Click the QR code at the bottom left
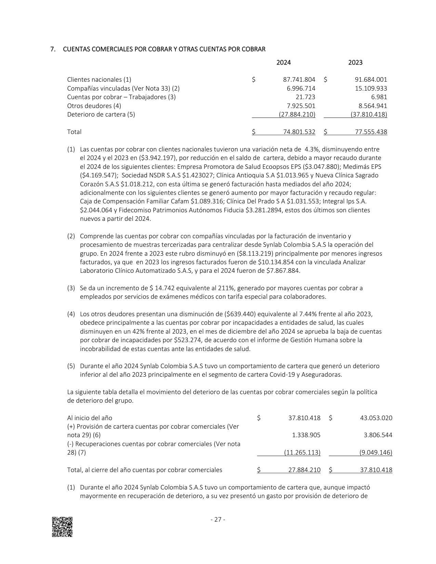tap(62, 527)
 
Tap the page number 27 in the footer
tap(218, 520)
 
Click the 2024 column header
tap(283, 63)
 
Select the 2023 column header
tap(355, 63)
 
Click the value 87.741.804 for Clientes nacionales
tap(299, 80)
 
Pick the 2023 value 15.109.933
tap(371, 89)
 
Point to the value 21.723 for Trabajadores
tap(306, 97)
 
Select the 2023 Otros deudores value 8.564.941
tap(371, 106)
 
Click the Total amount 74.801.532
tap(299, 132)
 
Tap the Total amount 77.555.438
tap(371, 132)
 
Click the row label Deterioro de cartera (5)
tap(101, 115)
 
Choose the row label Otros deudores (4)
tap(94, 106)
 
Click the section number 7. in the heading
tap(53, 49)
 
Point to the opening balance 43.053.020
tap(376, 418)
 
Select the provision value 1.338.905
tap(306, 435)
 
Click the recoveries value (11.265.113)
tap(302, 453)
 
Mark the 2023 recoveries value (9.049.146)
tap(376, 453)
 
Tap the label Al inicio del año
tap(90, 418)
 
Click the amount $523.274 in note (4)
tap(188, 340)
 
